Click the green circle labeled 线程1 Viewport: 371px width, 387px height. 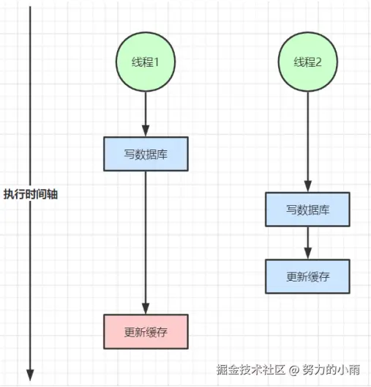tap(146, 62)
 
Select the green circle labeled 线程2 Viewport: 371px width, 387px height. tap(307, 62)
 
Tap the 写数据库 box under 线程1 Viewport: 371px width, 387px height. tap(146, 154)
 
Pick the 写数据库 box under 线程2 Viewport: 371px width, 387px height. tap(307, 210)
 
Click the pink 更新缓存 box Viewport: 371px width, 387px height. tap(146, 331)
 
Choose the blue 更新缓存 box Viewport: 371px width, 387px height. tap(307, 276)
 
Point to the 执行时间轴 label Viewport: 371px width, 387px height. tap(31, 194)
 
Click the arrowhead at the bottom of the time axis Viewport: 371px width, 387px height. tap(30, 375)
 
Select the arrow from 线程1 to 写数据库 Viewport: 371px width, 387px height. tap(146, 114)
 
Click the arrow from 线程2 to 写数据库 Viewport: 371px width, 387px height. tap(307, 141)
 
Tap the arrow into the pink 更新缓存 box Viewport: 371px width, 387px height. tap(146, 243)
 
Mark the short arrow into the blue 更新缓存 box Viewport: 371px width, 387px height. tap(307, 243)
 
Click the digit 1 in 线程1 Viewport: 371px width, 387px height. tap(156, 62)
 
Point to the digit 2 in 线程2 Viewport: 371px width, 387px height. tap(318, 62)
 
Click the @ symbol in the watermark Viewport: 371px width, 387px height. tap(293, 370)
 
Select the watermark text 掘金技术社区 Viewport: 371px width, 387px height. tap(251, 369)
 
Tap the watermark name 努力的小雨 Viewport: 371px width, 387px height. tap(331, 369)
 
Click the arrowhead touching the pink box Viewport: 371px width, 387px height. tap(146, 309)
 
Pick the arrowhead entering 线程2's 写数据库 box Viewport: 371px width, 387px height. tap(307, 186)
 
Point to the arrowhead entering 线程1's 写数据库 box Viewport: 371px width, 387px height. tap(146, 131)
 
